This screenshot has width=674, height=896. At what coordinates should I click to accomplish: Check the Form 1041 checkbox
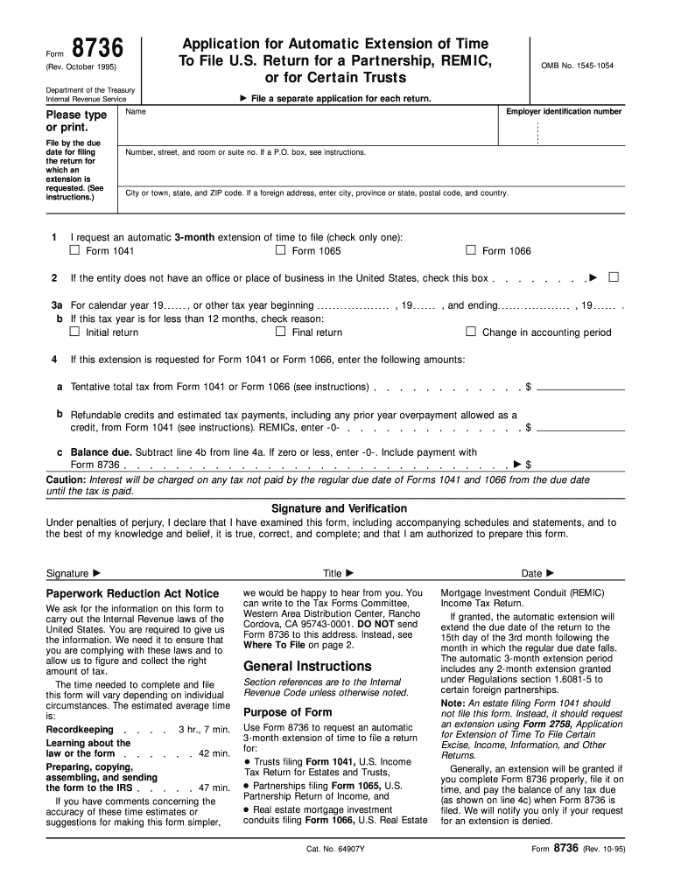[x=74, y=250]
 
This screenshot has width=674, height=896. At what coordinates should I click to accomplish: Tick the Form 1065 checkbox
[x=281, y=250]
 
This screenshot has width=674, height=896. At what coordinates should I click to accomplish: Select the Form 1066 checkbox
[x=471, y=250]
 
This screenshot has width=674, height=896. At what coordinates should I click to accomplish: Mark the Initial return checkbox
[x=74, y=332]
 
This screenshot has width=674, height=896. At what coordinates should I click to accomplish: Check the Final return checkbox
[x=281, y=332]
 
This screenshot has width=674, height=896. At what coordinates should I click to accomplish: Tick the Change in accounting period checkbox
[x=471, y=332]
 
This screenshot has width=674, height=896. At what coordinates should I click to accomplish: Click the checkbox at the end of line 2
[x=614, y=277]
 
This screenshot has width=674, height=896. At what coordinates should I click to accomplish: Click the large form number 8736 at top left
[x=97, y=48]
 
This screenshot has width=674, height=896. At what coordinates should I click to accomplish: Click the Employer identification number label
[x=564, y=112]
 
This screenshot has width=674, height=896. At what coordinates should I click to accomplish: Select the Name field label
[x=136, y=112]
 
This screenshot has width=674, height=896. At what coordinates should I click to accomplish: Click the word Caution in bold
[x=65, y=480]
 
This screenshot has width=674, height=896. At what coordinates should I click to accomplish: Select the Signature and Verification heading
[x=339, y=508]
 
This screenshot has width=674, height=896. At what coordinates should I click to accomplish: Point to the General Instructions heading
[x=307, y=666]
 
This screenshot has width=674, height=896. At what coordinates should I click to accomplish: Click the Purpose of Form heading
[x=287, y=711]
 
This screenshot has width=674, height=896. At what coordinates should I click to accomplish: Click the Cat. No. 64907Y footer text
[x=338, y=850]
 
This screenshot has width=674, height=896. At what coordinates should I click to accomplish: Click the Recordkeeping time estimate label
[x=80, y=729]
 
